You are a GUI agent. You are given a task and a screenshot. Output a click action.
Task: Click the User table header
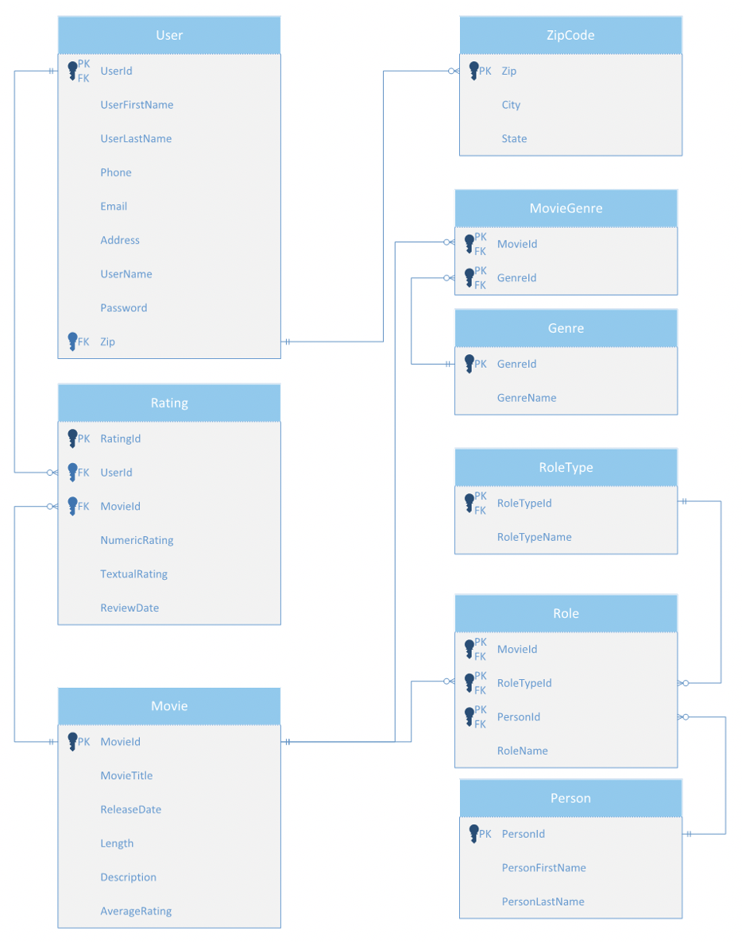tap(169, 35)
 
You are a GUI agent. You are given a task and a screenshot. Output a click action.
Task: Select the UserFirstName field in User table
tap(137, 105)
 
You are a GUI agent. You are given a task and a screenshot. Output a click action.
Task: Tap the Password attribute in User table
tap(123, 308)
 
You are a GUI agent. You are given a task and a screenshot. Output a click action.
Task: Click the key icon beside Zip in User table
tap(72, 342)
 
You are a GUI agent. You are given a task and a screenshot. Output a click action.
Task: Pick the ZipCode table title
tap(570, 35)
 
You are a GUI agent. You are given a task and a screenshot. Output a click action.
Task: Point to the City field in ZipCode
tap(511, 105)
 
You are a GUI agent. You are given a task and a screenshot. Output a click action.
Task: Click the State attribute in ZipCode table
tap(514, 139)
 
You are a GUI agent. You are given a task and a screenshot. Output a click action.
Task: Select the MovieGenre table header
tap(566, 208)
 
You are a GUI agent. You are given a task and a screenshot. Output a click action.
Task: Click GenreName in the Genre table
tap(527, 398)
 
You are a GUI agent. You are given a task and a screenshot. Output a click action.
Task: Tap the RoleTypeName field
tap(534, 537)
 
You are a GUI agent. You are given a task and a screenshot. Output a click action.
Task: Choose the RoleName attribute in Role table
tap(522, 751)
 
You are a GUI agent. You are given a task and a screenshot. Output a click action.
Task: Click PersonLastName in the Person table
tap(543, 901)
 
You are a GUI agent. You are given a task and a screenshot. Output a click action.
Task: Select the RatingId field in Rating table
tap(120, 438)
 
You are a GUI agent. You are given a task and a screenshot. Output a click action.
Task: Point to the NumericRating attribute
tap(137, 540)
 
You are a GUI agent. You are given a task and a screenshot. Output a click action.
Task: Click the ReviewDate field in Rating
tap(129, 608)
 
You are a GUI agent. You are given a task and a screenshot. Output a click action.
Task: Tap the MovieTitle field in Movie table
tap(126, 776)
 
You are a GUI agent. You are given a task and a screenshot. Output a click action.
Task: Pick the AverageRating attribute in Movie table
tap(136, 911)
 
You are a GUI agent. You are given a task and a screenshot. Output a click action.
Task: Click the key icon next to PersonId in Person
tap(474, 834)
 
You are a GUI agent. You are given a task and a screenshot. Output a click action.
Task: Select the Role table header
tap(566, 613)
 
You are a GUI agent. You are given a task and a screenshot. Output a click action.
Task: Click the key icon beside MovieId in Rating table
tap(72, 506)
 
